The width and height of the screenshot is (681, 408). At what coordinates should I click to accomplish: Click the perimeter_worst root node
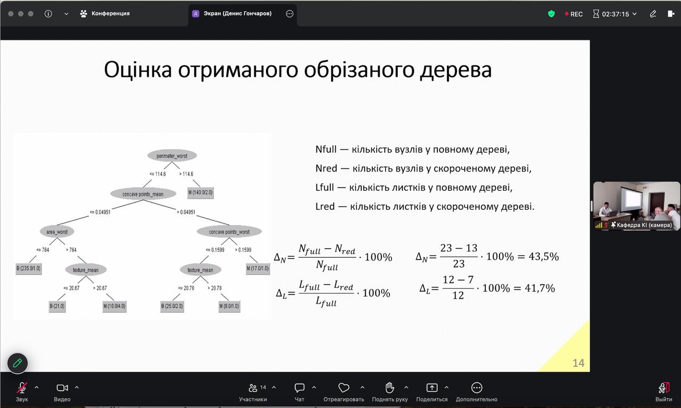[x=172, y=156]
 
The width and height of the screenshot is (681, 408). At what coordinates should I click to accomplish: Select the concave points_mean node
[x=143, y=194]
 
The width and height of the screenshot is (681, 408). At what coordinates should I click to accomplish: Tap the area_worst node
[x=57, y=232]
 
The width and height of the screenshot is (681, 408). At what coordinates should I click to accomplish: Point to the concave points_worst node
[x=229, y=232]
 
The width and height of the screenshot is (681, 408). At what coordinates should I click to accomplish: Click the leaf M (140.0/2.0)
[x=201, y=192]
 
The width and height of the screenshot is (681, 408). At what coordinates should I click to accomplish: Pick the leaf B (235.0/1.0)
[x=29, y=268]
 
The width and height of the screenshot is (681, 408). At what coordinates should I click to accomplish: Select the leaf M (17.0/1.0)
[x=258, y=268]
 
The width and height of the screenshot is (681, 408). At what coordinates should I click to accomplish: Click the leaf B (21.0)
[x=57, y=306]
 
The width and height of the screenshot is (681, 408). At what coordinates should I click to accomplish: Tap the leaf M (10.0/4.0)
[x=114, y=306]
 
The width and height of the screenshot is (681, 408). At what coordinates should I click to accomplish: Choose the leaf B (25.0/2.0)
[x=172, y=306]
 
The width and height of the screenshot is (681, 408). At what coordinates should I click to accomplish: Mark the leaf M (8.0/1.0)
[x=229, y=306]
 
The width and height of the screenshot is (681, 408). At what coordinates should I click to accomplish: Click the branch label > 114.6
[x=186, y=174]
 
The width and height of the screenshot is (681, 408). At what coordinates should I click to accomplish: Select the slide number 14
[x=578, y=363]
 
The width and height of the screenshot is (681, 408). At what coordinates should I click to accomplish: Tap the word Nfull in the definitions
[x=326, y=149]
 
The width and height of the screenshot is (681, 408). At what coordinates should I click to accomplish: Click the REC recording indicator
[x=574, y=14]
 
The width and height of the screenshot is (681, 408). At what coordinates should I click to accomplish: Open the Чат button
[x=300, y=392]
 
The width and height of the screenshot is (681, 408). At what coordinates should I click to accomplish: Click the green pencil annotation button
[x=18, y=363]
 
